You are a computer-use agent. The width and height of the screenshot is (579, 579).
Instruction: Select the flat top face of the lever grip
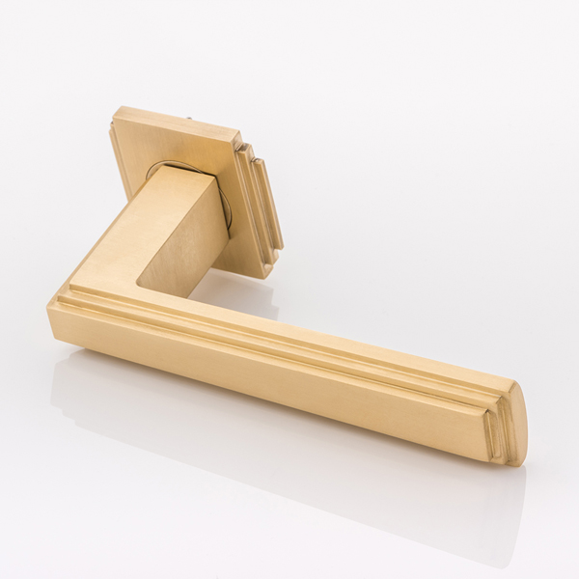338,333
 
